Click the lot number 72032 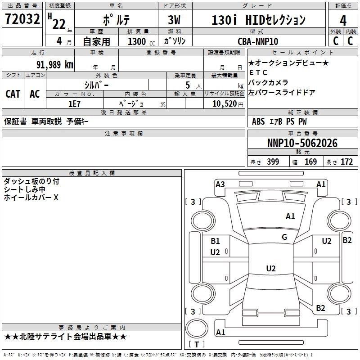22,20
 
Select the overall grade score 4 343,20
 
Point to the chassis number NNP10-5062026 302,144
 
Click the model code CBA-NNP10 258,41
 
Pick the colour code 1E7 75,103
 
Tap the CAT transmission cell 13,94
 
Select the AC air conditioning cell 35,94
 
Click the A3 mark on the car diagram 220,184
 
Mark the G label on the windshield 284,237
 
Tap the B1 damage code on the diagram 215,241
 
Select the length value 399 273,162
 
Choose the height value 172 346,162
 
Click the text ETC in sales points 258,72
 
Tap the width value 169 310,162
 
